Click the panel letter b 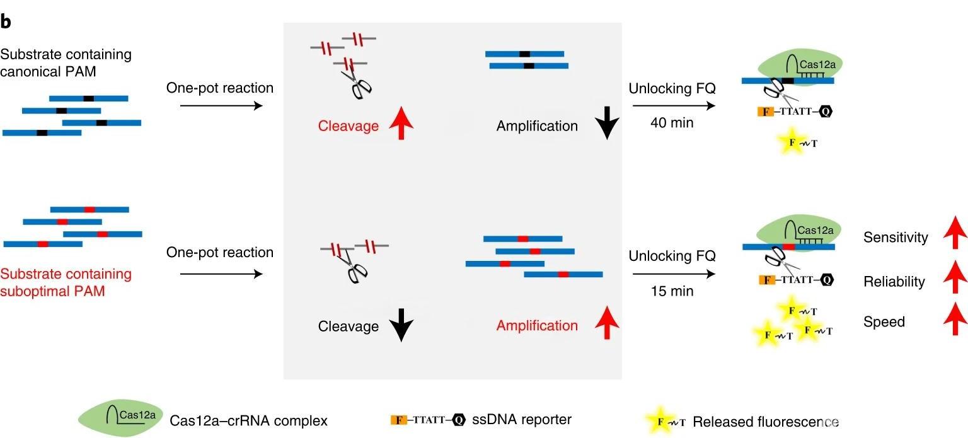click(x=6, y=21)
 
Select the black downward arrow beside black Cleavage click(x=401, y=326)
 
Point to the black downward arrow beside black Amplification click(x=606, y=123)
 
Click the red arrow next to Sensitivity click(x=955, y=236)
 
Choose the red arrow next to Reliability click(x=955, y=279)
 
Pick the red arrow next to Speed click(x=955, y=320)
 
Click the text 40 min click(x=672, y=122)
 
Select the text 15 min click(x=672, y=291)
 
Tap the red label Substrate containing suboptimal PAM click(x=66, y=283)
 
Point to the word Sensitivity click(x=896, y=238)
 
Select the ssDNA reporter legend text click(x=522, y=418)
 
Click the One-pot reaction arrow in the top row click(x=220, y=105)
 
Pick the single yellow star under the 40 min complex click(x=793, y=142)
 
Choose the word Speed click(x=884, y=322)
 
